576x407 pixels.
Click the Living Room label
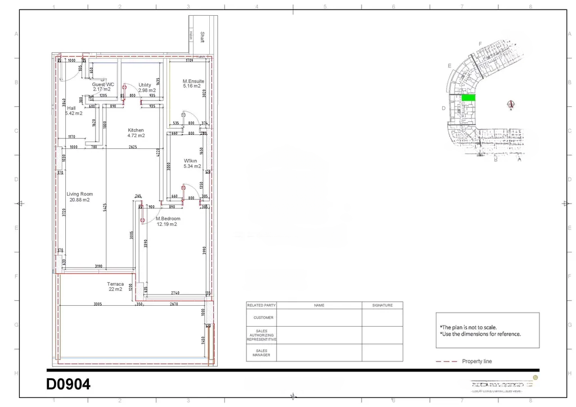(x=79, y=194)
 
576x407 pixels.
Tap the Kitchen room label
(x=136, y=130)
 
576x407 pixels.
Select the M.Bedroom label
(x=168, y=218)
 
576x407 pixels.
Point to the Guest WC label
(x=103, y=84)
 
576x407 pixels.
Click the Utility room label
(x=145, y=85)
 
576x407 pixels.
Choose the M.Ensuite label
(x=193, y=81)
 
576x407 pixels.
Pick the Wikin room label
(x=191, y=160)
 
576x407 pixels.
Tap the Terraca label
(x=115, y=284)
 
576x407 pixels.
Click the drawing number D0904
(x=68, y=385)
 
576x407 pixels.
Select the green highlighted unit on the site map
(x=468, y=98)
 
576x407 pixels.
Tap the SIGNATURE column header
(x=382, y=305)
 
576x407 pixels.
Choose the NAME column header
(x=319, y=305)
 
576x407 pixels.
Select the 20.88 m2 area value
(x=79, y=200)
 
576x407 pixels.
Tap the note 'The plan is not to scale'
(x=468, y=327)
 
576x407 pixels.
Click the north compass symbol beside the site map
(x=511, y=104)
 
